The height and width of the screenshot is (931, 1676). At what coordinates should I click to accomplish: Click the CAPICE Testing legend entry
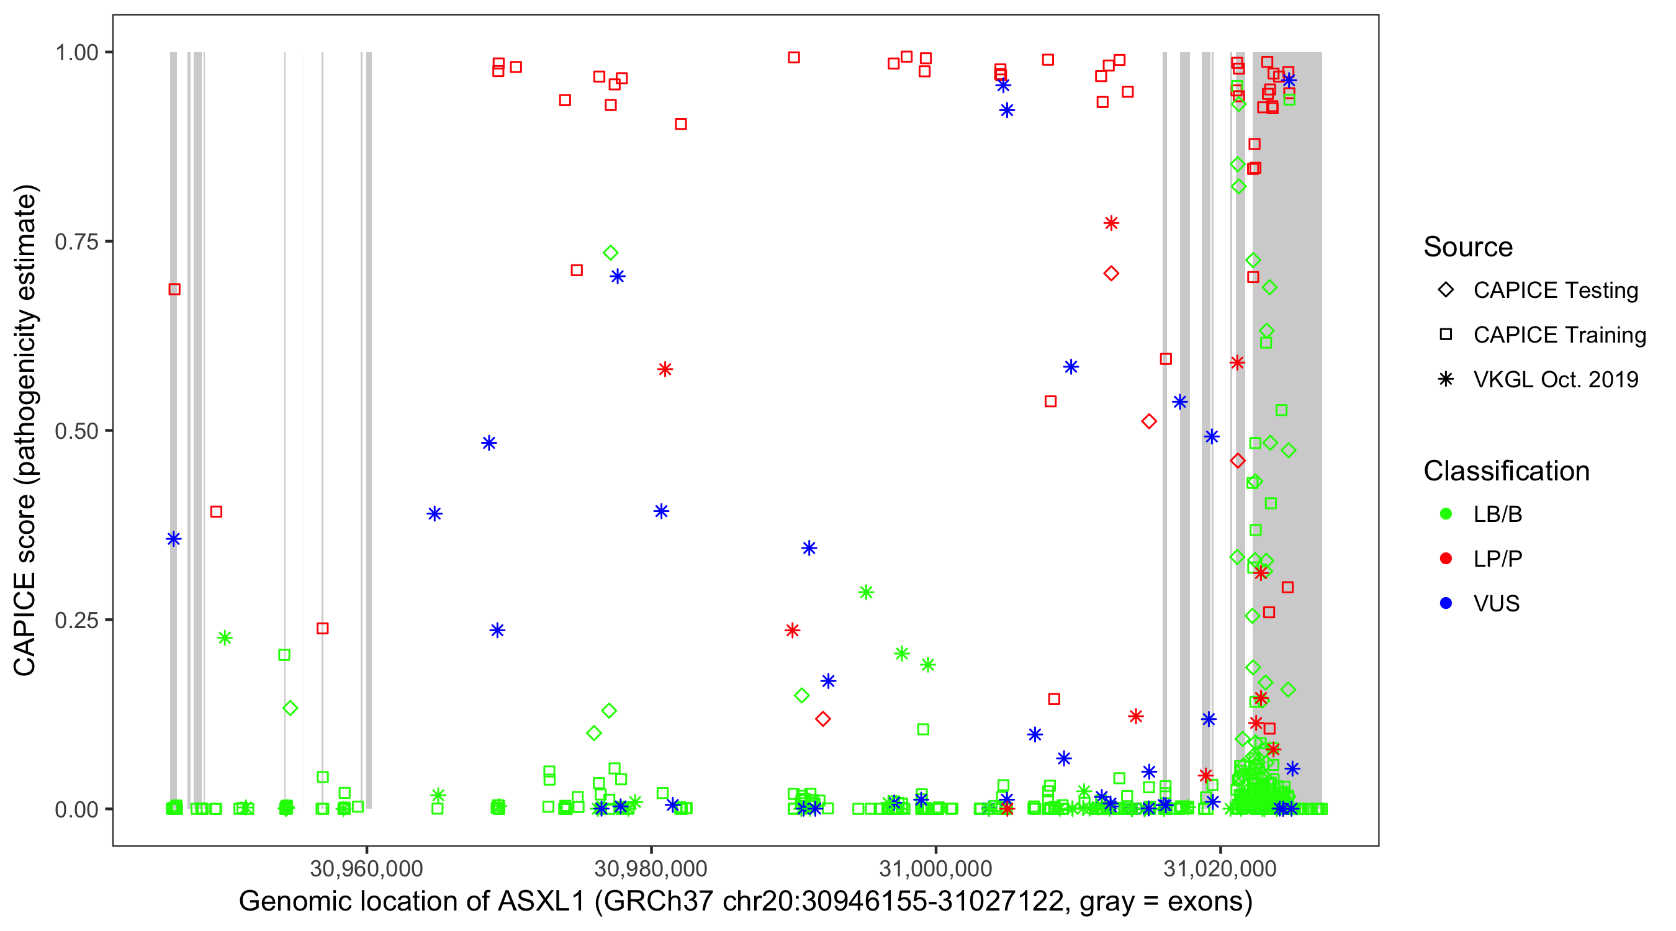tap(1554, 290)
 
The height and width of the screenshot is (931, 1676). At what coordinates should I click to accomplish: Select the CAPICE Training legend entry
tap(1559, 335)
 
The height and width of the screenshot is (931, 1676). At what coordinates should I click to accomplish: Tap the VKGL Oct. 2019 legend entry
tap(1555, 379)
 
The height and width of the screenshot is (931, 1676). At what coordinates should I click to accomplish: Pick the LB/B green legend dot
tap(1446, 514)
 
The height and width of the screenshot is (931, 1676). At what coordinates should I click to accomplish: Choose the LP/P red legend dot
tap(1446, 559)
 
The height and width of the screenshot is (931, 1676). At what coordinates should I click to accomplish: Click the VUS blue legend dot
tap(1446, 603)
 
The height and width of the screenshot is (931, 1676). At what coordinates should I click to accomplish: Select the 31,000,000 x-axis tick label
tap(935, 868)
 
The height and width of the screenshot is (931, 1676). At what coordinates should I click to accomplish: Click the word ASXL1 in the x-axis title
tap(541, 902)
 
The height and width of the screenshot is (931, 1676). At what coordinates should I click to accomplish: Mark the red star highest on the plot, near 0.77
tap(1111, 223)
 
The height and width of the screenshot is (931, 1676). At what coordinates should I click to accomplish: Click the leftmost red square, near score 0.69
tap(174, 289)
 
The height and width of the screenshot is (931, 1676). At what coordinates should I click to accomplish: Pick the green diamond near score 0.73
tap(610, 253)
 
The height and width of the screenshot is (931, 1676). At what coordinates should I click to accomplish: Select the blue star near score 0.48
tap(489, 443)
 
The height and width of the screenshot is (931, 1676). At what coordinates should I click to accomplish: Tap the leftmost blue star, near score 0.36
tap(173, 539)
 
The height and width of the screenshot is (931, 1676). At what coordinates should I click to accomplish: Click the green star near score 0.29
tap(865, 592)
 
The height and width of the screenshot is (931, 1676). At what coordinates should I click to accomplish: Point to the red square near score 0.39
tap(216, 511)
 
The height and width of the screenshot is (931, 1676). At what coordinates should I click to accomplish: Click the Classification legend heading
tap(1506, 471)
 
